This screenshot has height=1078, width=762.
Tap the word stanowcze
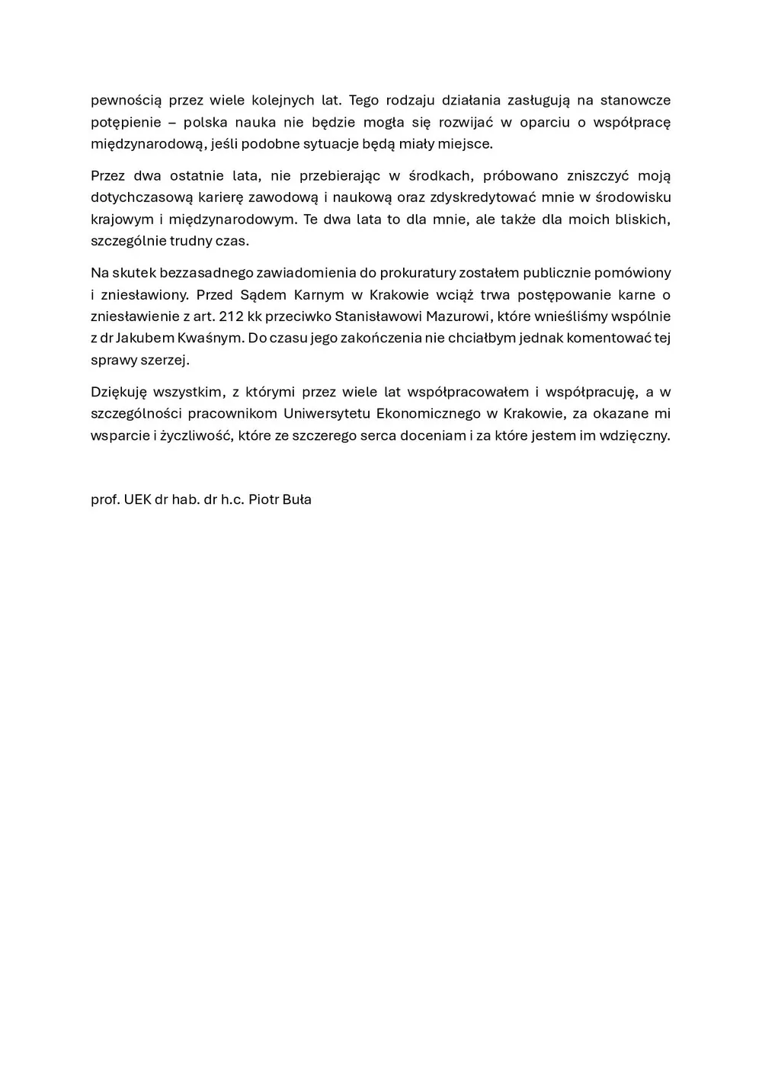[636, 100]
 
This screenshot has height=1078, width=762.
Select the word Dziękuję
[118, 392]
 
